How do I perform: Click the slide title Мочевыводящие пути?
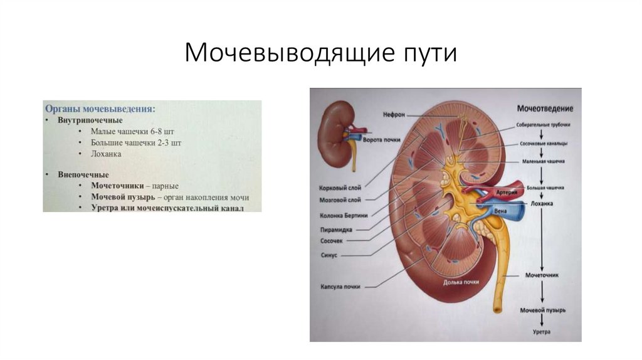[x=320, y=53]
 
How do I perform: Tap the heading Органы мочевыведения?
[x=100, y=108]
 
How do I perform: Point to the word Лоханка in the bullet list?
[x=105, y=153]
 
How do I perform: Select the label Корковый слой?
[x=340, y=187]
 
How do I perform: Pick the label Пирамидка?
[x=335, y=230]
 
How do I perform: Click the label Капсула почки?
[x=340, y=287]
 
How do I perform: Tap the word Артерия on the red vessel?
[x=506, y=193]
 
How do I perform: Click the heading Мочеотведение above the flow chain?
[x=545, y=109]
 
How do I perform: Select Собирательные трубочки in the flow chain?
[x=543, y=124]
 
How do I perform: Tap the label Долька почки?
[x=461, y=282]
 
